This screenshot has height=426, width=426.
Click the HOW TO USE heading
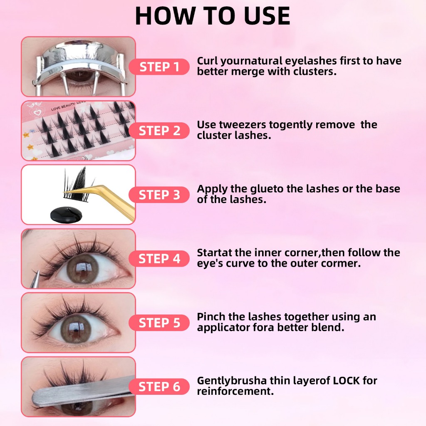213,16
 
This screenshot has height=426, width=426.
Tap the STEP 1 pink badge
159,67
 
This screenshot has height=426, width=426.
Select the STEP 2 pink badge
159,131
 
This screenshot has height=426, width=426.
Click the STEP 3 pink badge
159,195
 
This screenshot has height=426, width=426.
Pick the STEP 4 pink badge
159,259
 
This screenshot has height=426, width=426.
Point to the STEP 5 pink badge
159,323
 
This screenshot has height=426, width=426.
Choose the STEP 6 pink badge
159,386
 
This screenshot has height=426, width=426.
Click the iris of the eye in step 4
83,269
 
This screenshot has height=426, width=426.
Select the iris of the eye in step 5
76,329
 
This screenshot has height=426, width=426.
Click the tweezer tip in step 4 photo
38,271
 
